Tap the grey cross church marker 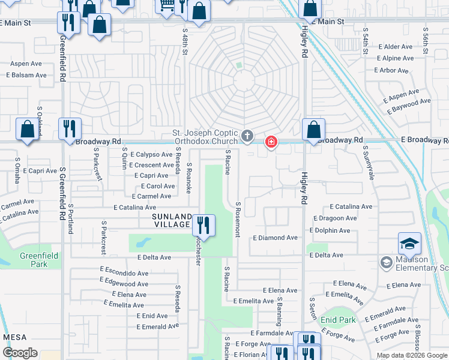(247, 136)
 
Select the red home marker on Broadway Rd (271, 142)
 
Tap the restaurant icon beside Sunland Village (203, 225)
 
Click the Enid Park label (338, 320)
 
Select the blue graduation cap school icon (409, 243)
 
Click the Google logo (20, 352)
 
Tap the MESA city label (15, 337)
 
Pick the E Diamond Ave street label (275, 238)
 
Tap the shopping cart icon (166, 5)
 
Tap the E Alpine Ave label (395, 58)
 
